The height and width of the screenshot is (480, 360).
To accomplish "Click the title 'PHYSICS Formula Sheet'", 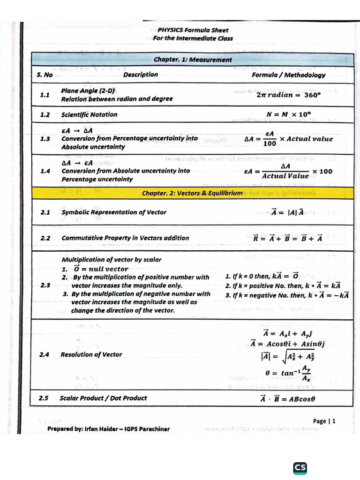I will (193, 30).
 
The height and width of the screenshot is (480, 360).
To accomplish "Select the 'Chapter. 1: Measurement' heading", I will (193, 60).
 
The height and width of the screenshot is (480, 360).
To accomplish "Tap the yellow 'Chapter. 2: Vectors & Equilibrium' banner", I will (192, 193).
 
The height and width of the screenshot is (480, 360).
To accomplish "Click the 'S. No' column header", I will (45, 75).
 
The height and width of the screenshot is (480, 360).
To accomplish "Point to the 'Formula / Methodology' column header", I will (288, 75).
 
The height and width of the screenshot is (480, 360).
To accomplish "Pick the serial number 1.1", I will (45, 95).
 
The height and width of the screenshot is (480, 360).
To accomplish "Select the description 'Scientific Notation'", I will (89, 114).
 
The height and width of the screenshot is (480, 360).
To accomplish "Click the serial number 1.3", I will (45, 139).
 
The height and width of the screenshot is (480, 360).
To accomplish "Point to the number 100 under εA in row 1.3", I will (270, 144).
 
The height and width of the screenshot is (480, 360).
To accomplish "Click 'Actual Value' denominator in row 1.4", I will (285, 176).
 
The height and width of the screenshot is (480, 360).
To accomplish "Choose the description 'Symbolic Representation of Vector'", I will (114, 212).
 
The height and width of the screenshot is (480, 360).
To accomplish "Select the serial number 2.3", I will (45, 285).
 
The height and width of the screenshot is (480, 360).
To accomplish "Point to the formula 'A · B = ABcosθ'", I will (287, 398).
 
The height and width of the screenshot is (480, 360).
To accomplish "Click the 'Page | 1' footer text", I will (324, 421).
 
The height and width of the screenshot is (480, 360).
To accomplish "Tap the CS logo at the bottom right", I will (300, 467).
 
